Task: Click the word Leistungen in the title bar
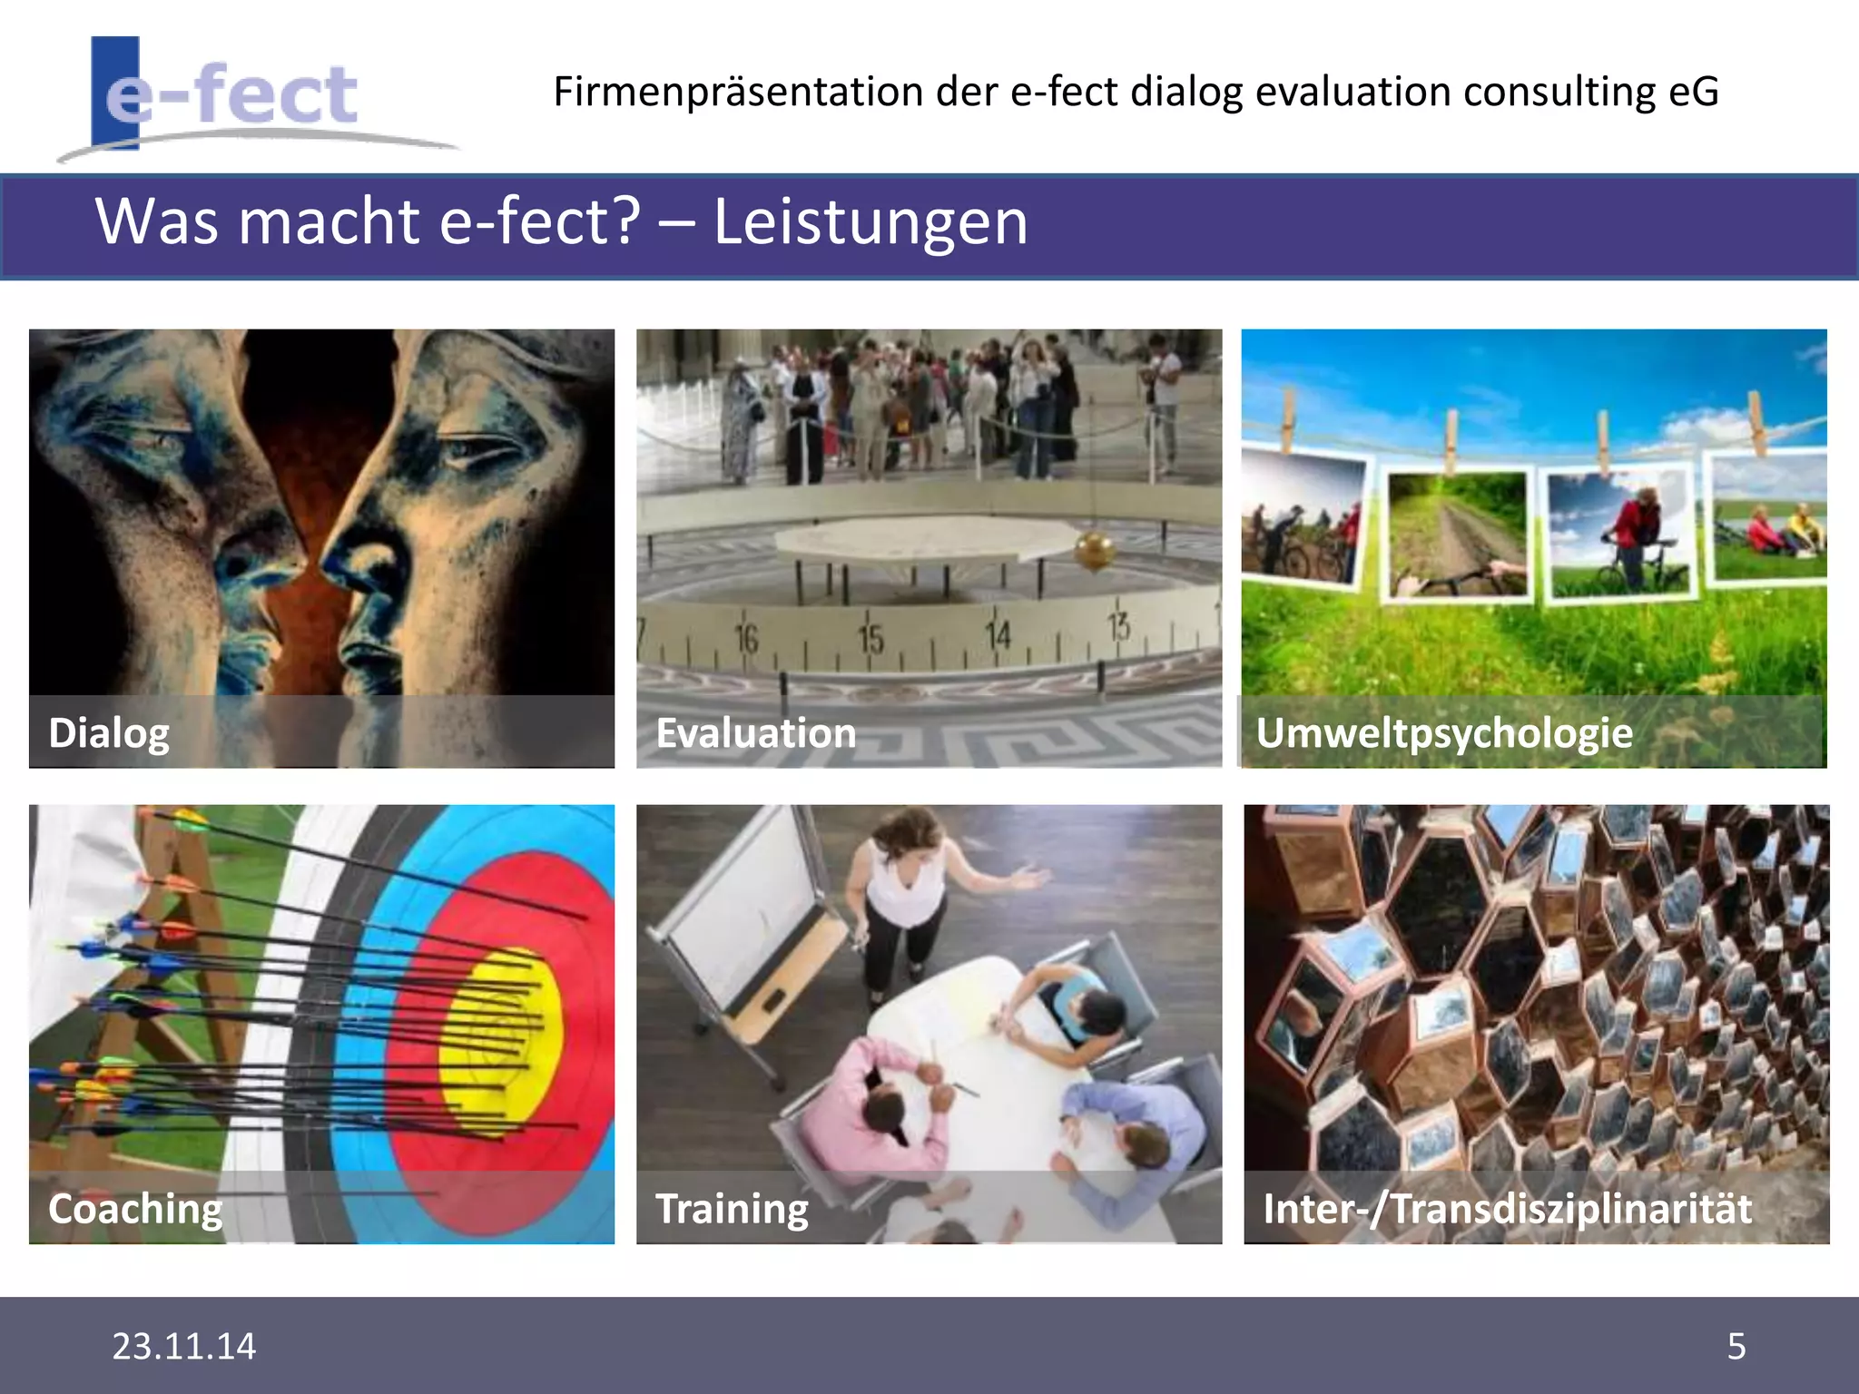[870, 221]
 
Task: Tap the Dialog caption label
[109, 733]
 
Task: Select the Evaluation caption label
[755, 733]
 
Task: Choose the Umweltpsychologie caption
[1443, 733]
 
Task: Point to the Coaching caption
[135, 1209]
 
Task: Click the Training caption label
[732, 1209]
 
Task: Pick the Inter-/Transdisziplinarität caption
[1507, 1209]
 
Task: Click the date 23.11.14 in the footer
[184, 1346]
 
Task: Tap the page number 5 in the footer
[1736, 1346]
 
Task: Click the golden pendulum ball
[1094, 551]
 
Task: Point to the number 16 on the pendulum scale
[746, 638]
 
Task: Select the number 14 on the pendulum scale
[998, 634]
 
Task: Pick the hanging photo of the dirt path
[1457, 535]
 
